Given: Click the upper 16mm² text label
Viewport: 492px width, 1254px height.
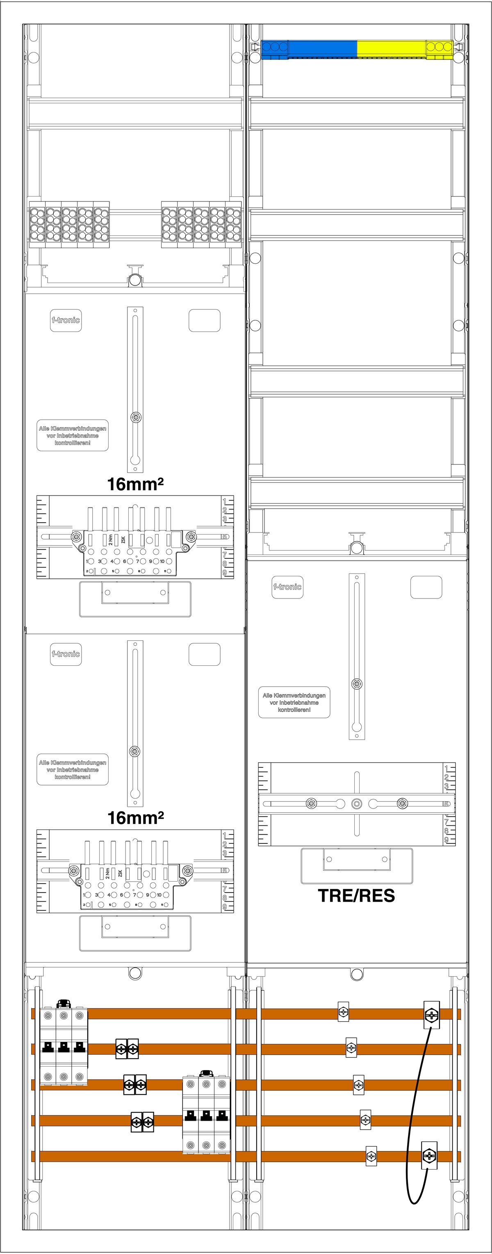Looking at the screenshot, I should pyautogui.click(x=135, y=484).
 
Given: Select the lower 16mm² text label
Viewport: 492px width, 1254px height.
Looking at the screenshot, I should pyautogui.click(x=135, y=818).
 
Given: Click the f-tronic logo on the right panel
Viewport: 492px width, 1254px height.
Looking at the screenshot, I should pyautogui.click(x=287, y=587).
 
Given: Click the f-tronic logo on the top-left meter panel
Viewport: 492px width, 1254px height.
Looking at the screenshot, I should pyautogui.click(x=66, y=320).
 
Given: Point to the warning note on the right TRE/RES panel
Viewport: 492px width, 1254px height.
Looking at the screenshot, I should pyautogui.click(x=294, y=702).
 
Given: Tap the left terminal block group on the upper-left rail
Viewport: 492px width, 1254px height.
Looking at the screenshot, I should pyautogui.click(x=69, y=224).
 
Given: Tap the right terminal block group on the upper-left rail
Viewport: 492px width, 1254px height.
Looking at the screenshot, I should pyautogui.click(x=201, y=224).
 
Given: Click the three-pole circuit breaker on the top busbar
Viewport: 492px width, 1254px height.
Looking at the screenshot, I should pyautogui.click(x=64, y=1046).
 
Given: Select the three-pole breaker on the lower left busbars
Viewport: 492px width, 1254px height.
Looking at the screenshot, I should pyautogui.click(x=206, y=1115).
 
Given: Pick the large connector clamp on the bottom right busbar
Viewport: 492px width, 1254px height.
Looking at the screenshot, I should pyautogui.click(x=429, y=1155).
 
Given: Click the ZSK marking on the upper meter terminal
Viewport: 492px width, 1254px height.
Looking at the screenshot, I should pyautogui.click(x=123, y=539).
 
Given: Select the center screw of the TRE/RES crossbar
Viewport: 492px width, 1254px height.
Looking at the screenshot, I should pyautogui.click(x=357, y=804).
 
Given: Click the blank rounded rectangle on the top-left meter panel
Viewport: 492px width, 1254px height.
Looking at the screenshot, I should pyautogui.click(x=205, y=320).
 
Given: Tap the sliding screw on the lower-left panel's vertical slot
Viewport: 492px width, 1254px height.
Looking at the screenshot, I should pyautogui.click(x=135, y=751).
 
